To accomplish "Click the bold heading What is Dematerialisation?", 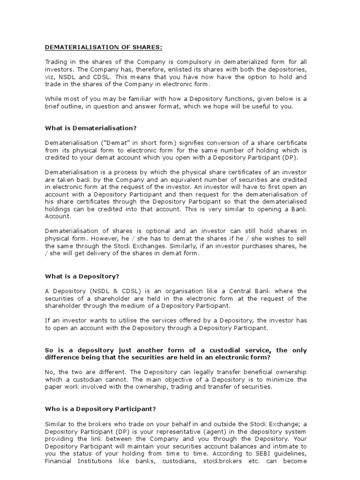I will (x=90, y=128).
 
